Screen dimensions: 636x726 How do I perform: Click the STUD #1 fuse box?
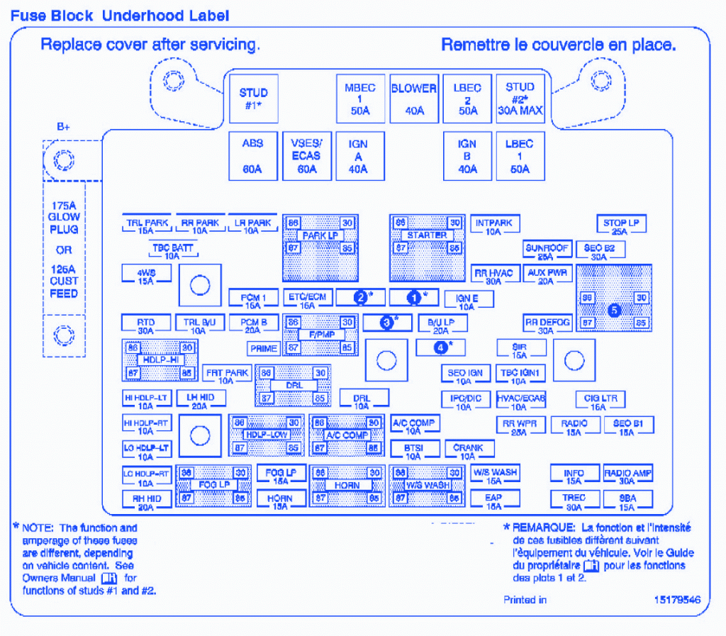253,99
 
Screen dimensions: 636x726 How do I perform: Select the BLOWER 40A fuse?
414,99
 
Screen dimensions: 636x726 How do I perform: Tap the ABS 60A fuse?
253,156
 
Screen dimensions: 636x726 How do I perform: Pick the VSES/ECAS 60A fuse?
306,156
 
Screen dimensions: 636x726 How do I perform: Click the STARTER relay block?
427,235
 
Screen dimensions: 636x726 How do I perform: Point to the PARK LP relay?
320,235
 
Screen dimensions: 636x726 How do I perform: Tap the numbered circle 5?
614,310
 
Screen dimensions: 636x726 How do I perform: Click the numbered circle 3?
386,323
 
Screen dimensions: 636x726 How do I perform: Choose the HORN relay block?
347,486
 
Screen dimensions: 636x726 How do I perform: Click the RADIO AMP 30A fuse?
627,476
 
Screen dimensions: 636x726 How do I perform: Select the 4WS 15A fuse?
146,276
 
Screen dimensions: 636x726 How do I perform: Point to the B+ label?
64,128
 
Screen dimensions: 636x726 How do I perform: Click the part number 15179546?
677,600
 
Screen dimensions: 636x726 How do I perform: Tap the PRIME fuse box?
263,349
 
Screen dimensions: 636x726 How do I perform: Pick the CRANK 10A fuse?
468,452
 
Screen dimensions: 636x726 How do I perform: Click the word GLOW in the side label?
64,217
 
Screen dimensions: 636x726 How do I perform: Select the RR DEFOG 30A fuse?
547,326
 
